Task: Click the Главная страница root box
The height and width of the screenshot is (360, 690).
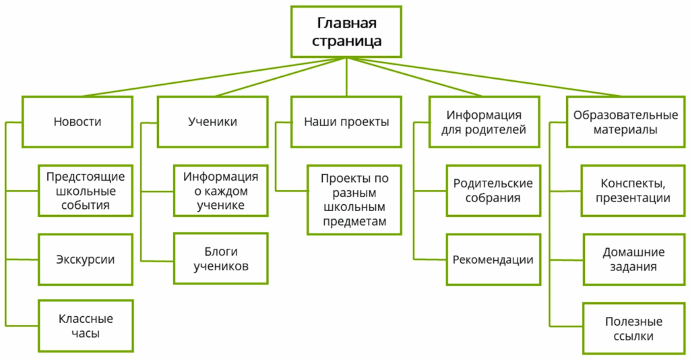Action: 346,32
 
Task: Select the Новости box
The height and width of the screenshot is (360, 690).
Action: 77,122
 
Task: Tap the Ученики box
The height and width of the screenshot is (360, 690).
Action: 212,122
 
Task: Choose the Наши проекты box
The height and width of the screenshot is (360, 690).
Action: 346,122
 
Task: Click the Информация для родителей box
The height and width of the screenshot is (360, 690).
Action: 484,122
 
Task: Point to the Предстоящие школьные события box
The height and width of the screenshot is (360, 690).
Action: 86,191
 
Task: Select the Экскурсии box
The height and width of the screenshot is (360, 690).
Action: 86,260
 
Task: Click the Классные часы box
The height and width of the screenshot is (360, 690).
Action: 86,326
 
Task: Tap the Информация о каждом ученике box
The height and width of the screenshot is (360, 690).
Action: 220,191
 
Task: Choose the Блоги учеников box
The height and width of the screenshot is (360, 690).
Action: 220,259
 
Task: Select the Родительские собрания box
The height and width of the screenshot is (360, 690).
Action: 493,191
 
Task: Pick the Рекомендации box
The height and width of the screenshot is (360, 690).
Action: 493,260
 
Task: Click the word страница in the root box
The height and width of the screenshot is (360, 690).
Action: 346,41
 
